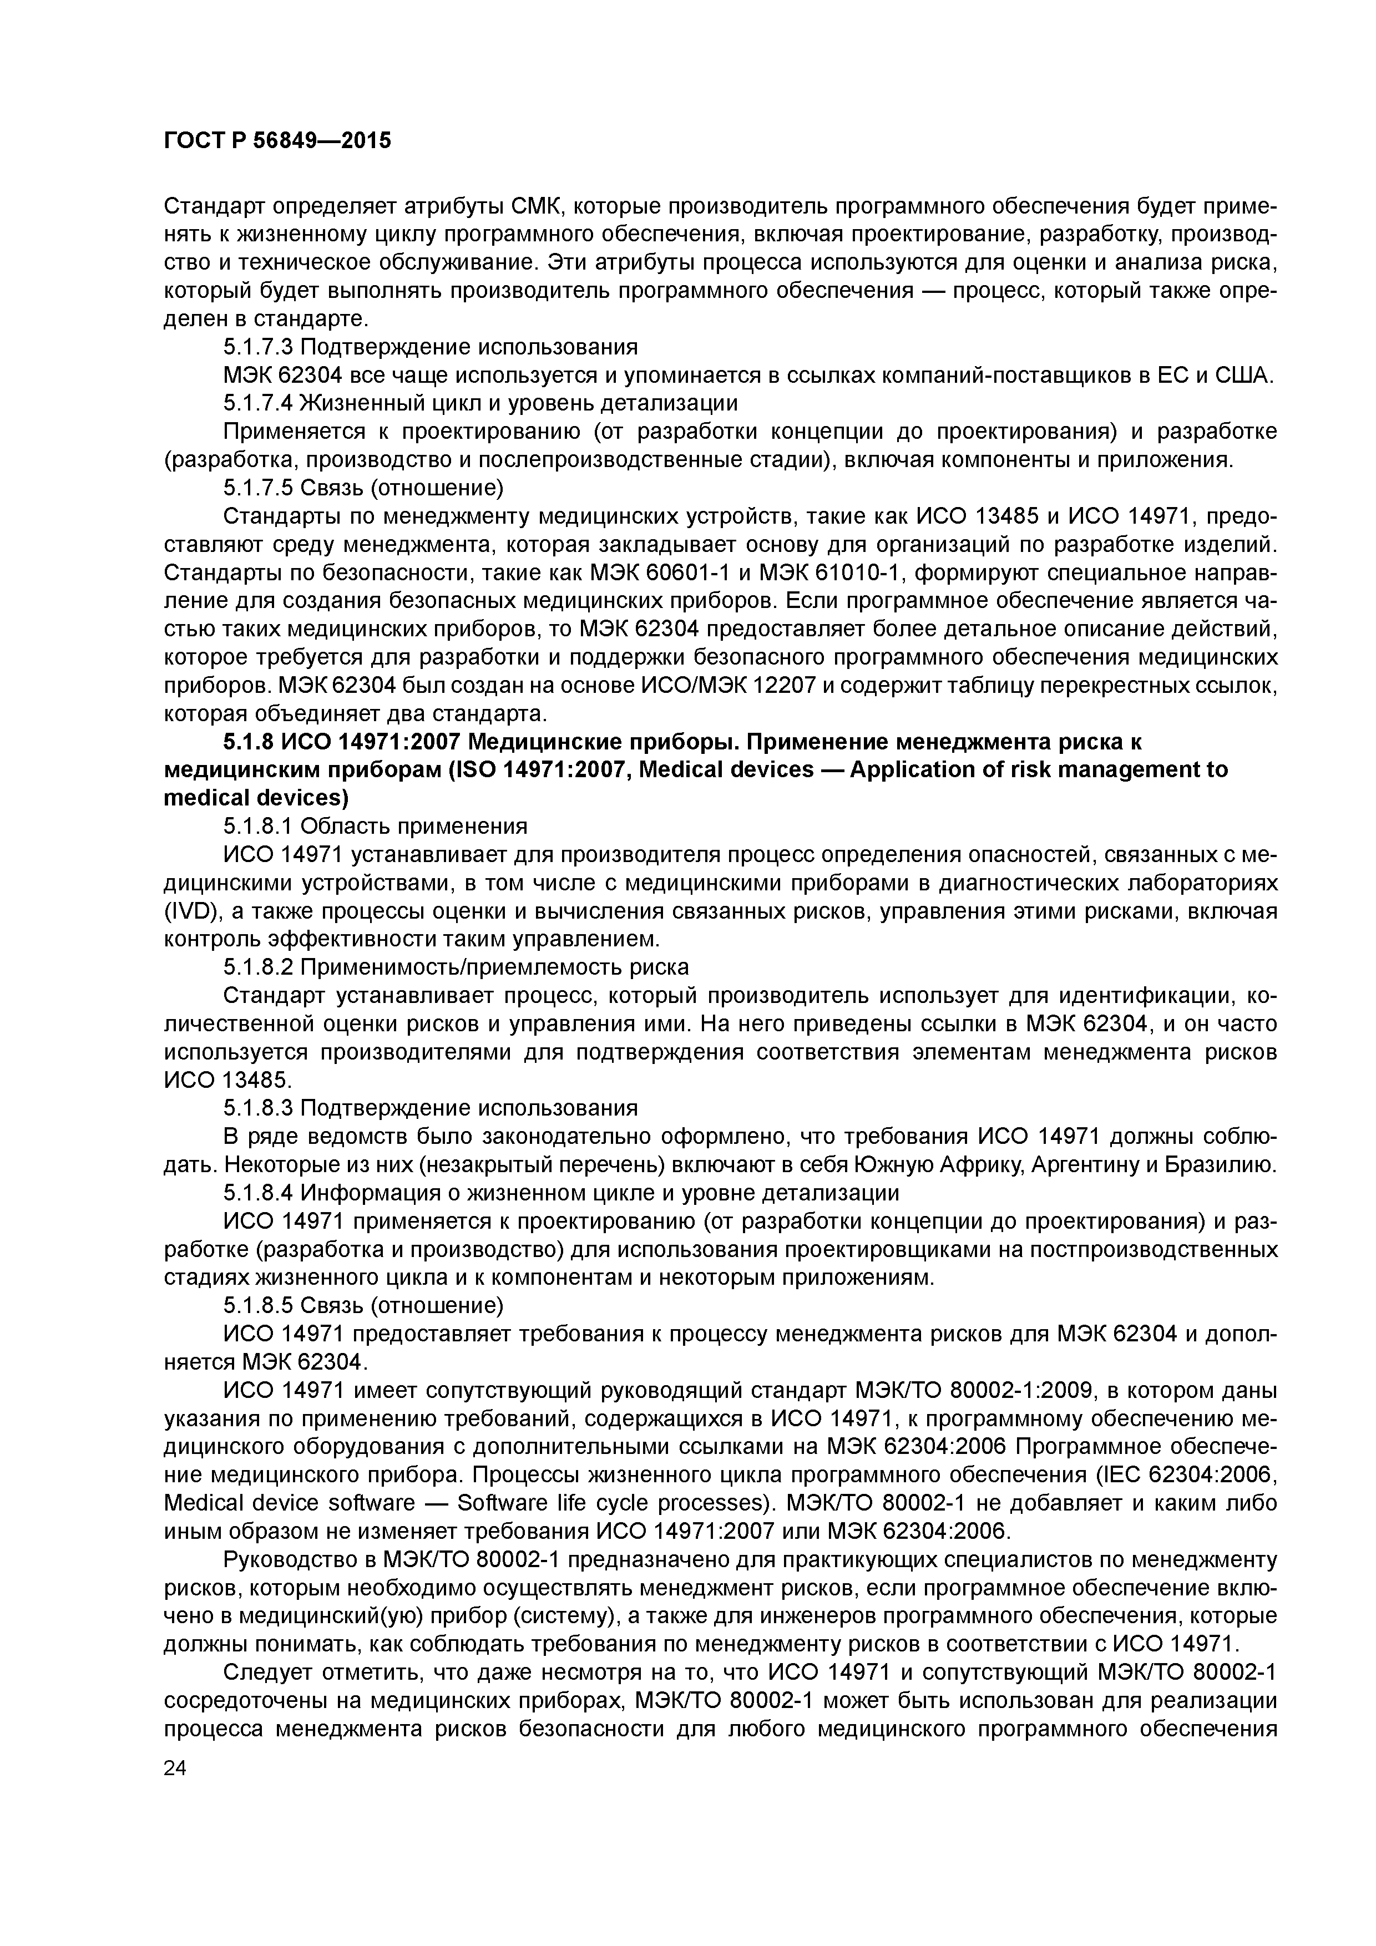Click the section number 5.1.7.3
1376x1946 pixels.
tap(258, 347)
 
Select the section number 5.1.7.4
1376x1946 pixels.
tap(258, 403)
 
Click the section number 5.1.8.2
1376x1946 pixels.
tap(258, 967)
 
